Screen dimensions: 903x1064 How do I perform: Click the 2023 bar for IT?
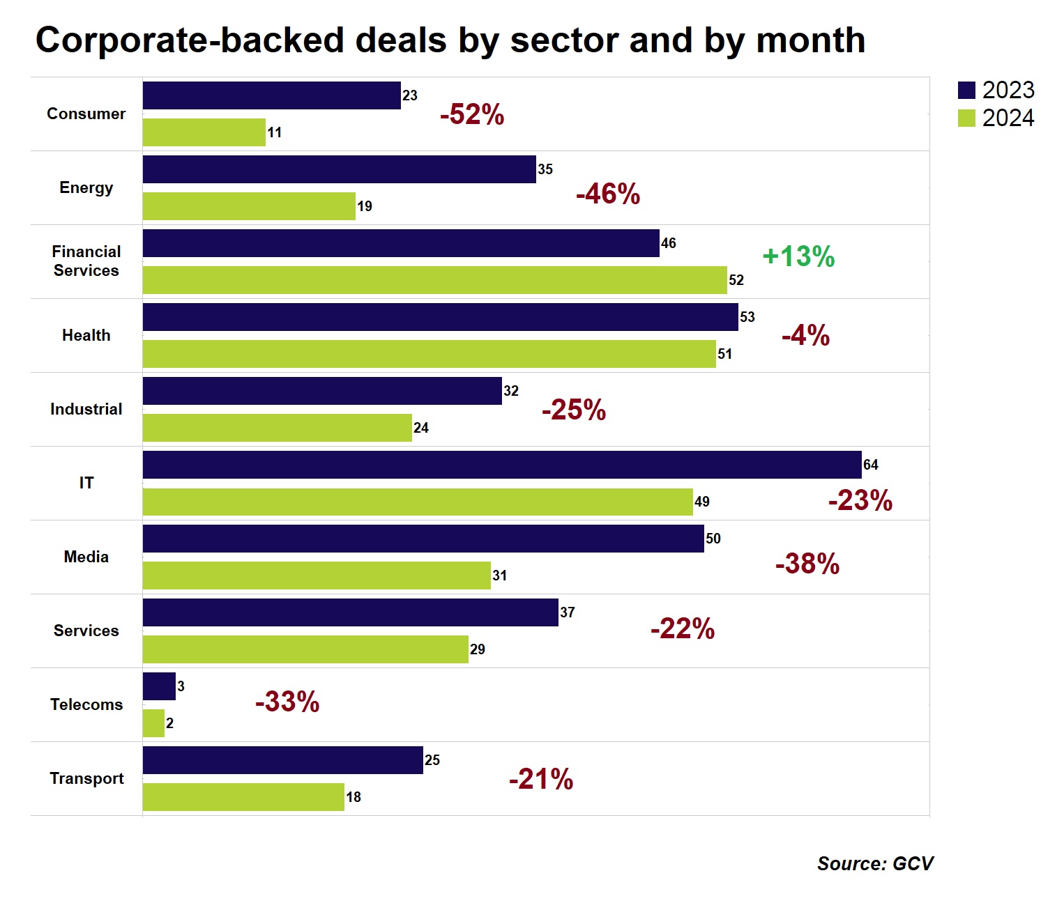click(502, 465)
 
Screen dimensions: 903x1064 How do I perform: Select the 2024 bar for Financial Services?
click(434, 280)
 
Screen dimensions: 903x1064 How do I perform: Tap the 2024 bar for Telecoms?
click(153, 723)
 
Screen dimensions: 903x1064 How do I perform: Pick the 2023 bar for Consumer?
click(271, 95)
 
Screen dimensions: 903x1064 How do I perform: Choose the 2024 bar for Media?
click(317, 576)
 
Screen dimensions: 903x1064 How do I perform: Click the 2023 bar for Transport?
click(282, 760)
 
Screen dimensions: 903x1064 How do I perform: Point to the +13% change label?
click(798, 256)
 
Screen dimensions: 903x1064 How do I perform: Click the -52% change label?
click(472, 114)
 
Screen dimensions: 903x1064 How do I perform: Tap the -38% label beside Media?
click(807, 564)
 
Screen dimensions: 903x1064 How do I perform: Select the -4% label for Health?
click(805, 336)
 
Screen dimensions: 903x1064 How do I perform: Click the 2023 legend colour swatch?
click(966, 91)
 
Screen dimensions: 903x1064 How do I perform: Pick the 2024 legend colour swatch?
click(966, 118)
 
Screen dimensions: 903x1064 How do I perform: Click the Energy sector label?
click(86, 187)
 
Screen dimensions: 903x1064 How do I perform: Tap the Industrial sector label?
click(86, 409)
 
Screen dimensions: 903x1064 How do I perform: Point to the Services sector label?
click(86, 631)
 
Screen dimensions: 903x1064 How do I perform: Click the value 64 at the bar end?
click(871, 465)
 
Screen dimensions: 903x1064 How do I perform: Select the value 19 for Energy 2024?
click(365, 206)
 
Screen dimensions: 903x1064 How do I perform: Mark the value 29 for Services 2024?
click(478, 649)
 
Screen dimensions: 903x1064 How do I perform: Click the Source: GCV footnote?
click(875, 864)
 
